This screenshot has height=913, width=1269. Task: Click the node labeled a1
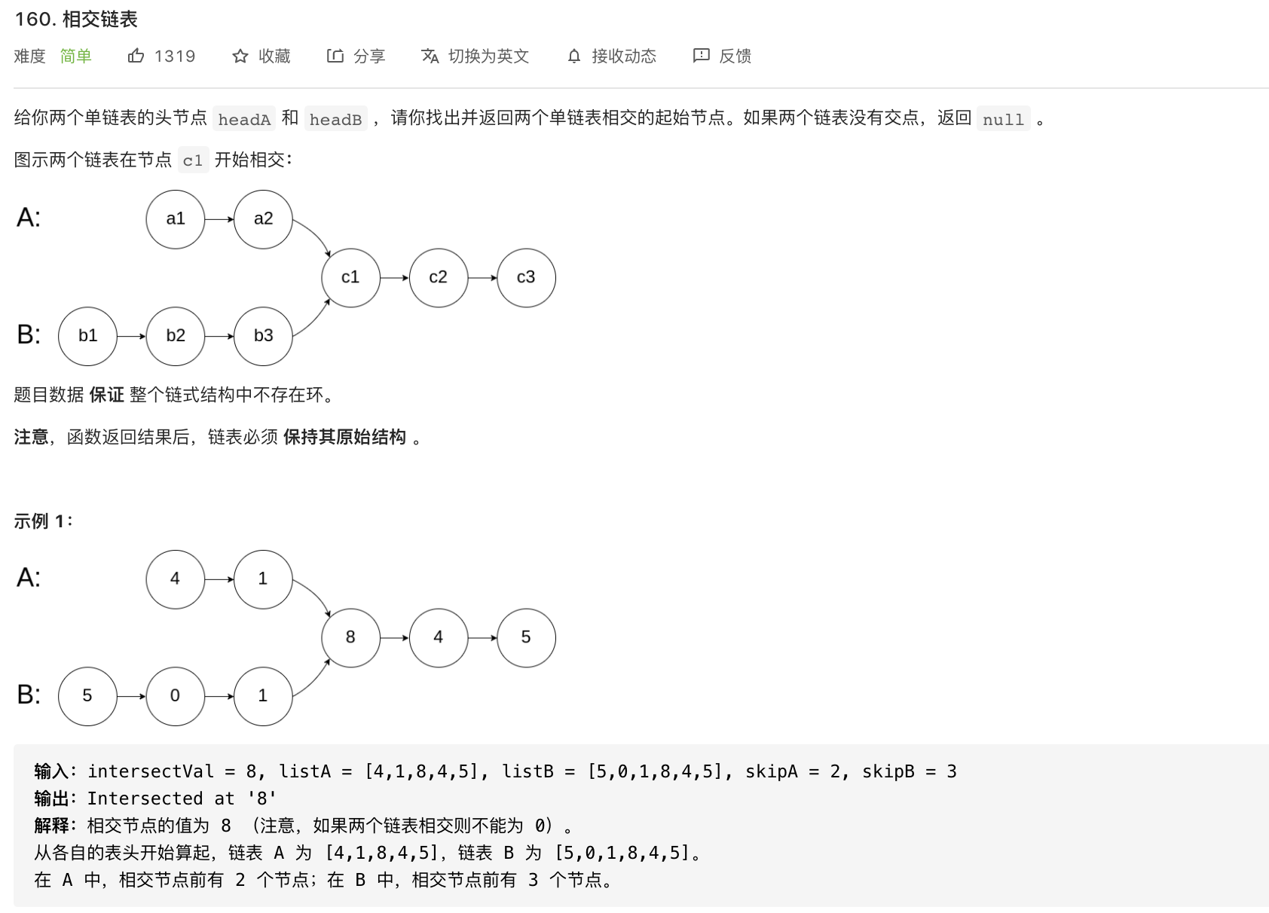pos(175,219)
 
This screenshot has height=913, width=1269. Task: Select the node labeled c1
pos(350,277)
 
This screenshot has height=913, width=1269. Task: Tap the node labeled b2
pos(175,336)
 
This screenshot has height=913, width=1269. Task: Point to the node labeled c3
pos(526,277)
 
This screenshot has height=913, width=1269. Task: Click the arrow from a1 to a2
pos(219,219)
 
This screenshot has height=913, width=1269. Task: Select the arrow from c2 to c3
pos(482,278)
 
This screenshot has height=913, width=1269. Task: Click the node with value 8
pos(350,637)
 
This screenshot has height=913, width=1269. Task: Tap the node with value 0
pos(175,696)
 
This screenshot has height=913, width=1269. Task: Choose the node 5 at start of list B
pos(87,696)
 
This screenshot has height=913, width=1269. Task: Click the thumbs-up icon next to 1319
pos(136,56)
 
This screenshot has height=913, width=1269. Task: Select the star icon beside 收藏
pos(240,56)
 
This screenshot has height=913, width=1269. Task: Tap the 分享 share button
pos(356,56)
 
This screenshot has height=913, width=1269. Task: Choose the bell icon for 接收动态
pos(574,56)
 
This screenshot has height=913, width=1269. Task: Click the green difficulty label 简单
pos(75,56)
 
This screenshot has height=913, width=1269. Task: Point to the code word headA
pos(244,119)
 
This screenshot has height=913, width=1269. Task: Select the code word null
pos(1003,119)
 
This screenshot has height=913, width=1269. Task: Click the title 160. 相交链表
pos(76,20)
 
